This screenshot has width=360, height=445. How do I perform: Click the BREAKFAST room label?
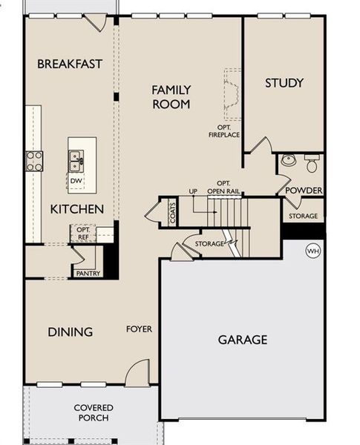click(70, 64)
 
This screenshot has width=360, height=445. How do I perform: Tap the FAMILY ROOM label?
click(171, 97)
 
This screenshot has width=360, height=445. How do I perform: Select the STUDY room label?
click(284, 83)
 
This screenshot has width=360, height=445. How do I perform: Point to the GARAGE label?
click(242, 340)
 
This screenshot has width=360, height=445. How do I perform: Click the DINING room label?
click(71, 332)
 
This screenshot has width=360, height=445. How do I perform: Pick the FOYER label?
click(139, 329)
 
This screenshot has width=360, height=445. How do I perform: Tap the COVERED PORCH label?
click(94, 413)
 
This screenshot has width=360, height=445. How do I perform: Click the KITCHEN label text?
click(76, 209)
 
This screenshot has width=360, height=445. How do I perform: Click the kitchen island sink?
click(76, 157)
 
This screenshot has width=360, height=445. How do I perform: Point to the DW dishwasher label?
click(76, 180)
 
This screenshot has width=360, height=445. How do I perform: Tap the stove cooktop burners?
click(34, 160)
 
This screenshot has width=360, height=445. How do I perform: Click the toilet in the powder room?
click(310, 163)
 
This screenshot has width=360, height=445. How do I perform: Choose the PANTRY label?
click(88, 274)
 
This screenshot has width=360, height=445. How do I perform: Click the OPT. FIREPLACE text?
click(223, 131)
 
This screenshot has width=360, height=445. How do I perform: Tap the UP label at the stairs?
click(193, 191)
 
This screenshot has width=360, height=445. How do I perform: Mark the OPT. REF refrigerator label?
click(83, 234)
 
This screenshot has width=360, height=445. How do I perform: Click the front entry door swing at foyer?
click(137, 374)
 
